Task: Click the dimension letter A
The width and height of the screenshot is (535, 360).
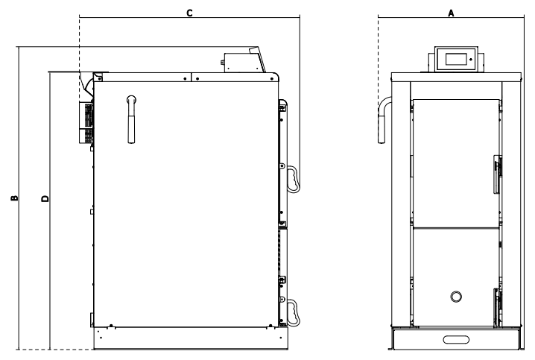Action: [x=451, y=13]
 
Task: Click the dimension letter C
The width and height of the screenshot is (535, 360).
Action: [x=189, y=13]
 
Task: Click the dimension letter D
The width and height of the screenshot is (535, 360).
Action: [x=45, y=198]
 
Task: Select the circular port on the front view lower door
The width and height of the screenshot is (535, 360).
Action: [x=455, y=297]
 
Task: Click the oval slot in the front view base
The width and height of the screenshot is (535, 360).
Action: [x=455, y=340]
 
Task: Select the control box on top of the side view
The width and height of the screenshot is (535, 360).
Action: [x=242, y=60]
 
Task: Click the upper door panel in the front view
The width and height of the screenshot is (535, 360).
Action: [x=455, y=160]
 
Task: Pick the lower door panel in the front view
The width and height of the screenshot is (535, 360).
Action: [x=455, y=276]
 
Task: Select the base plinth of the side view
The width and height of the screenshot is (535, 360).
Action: [x=189, y=338]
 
